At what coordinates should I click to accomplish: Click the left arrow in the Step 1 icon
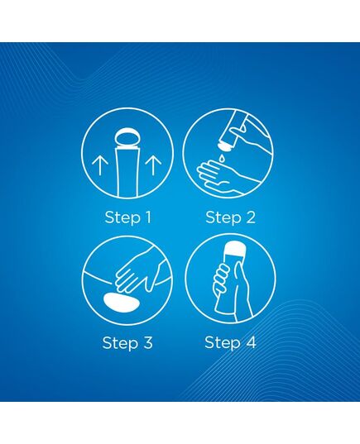click(99, 165)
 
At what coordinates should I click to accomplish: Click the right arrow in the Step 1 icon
click(153, 165)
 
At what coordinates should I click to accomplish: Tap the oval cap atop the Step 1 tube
click(127, 138)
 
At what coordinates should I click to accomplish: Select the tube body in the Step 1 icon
click(127, 173)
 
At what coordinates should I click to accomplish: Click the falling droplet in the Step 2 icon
click(223, 157)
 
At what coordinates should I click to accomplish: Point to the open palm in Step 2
click(221, 176)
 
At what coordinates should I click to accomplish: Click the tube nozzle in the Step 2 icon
click(225, 146)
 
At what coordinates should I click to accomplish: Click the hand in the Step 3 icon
click(139, 269)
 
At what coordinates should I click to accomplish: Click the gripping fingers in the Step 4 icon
click(222, 278)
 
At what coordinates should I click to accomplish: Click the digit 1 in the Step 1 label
click(147, 217)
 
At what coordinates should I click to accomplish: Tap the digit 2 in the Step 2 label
click(250, 217)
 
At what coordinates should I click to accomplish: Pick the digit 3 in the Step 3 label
click(146, 342)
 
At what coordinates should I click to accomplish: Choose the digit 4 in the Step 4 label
click(250, 342)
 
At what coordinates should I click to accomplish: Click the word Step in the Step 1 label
click(122, 218)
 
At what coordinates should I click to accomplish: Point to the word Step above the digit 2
click(223, 218)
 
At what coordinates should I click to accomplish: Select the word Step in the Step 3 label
click(120, 343)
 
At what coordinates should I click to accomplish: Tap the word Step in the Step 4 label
click(223, 343)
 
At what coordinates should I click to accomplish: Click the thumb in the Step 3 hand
click(151, 283)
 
